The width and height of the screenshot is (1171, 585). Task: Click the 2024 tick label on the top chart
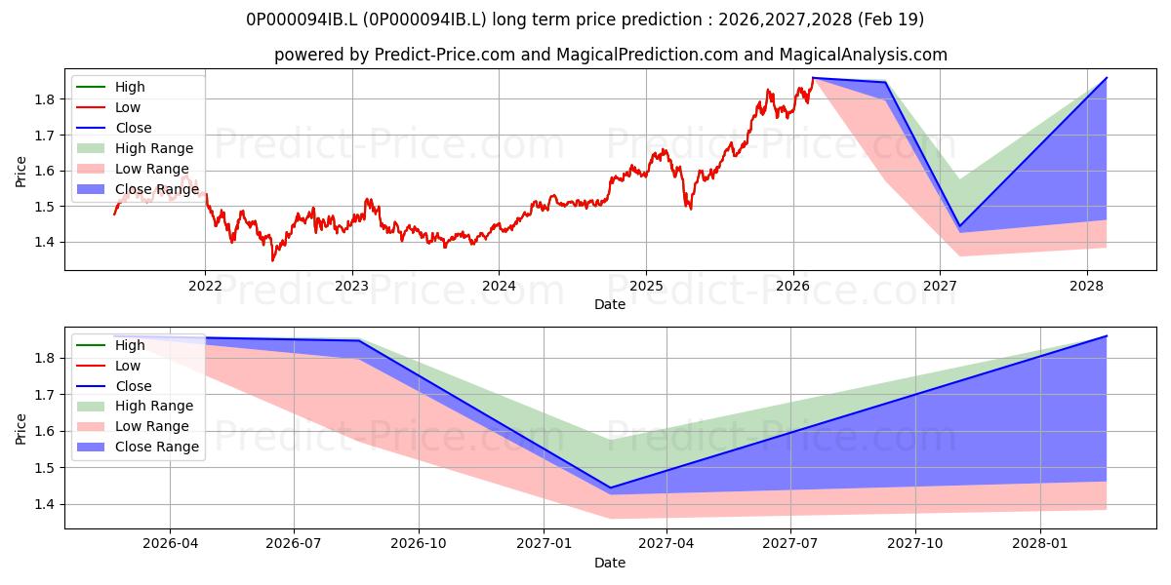[x=499, y=287]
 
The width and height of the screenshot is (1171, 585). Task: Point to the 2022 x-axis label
[x=205, y=287]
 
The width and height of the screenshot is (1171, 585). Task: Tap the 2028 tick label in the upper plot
[x=1086, y=287]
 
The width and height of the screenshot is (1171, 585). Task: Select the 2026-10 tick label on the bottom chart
[x=419, y=544]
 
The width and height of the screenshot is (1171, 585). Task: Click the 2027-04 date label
[x=666, y=544]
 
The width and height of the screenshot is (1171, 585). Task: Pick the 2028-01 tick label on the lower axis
[x=1039, y=544]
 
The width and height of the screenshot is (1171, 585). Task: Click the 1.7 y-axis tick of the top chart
[x=46, y=136]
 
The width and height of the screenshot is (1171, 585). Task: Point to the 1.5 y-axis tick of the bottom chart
[x=46, y=468]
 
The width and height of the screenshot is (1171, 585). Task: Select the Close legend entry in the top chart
[x=114, y=128]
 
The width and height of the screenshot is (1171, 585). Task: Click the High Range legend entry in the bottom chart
[x=135, y=406]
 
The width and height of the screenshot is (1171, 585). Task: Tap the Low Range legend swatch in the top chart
[x=91, y=169]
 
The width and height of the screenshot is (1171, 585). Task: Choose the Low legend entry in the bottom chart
[x=108, y=366]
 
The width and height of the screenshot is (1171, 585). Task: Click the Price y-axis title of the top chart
[x=20, y=172]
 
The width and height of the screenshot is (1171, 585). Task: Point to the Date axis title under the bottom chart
[x=610, y=563]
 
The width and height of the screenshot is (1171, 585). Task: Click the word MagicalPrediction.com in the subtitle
[x=647, y=55]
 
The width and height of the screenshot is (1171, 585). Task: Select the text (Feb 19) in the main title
[x=890, y=19]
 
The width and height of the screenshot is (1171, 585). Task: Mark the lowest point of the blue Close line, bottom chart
[x=610, y=487]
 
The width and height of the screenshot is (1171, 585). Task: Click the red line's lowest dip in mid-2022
[x=272, y=260]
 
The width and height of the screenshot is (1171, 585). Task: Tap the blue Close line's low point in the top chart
[x=959, y=225]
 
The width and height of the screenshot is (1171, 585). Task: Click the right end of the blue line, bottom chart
[x=1107, y=335]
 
